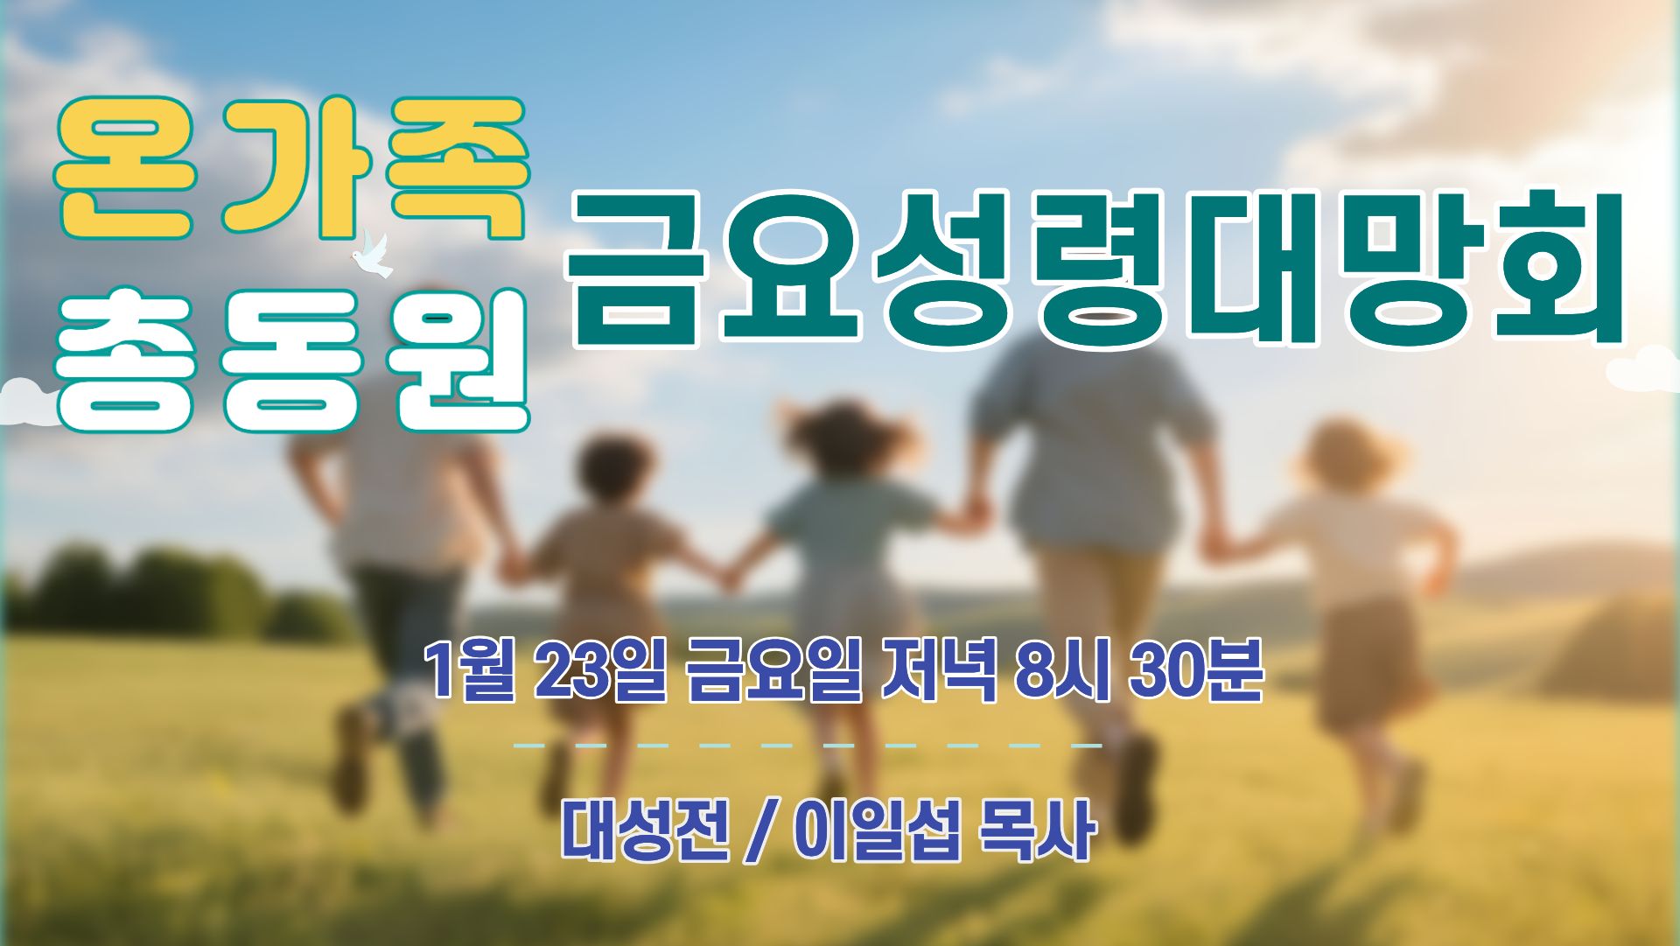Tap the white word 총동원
tap(292, 361)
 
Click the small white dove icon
tap(372, 255)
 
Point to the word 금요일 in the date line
tap(773, 671)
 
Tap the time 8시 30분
tap(1140, 671)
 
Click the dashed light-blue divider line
tap(807, 746)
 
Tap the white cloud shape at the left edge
tap(28, 403)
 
